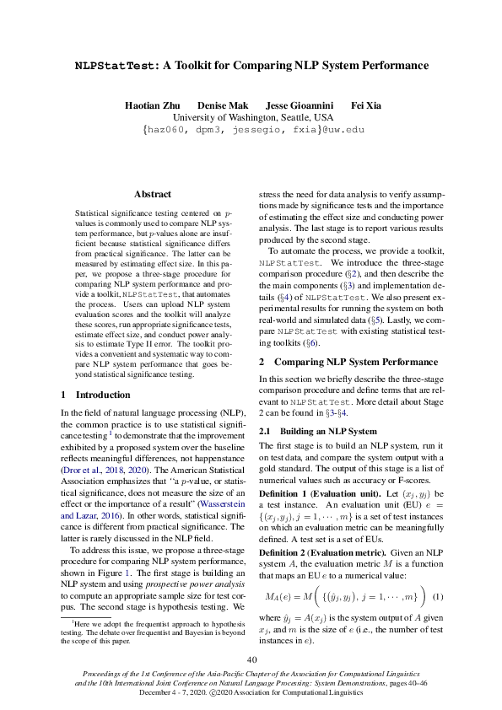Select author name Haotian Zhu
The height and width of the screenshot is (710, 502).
point(156,105)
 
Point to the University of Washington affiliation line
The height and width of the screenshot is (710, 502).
point(253,118)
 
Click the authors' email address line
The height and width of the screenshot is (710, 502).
point(253,131)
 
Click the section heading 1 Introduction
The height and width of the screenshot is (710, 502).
point(95,395)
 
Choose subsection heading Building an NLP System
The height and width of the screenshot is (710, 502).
point(328,432)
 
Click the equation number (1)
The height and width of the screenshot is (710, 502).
point(437,597)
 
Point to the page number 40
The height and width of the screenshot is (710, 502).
point(251,659)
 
